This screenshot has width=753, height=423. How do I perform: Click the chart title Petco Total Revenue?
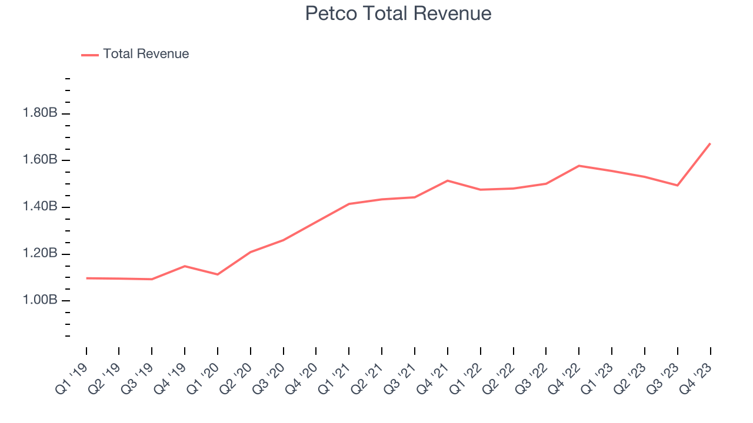[x=398, y=14]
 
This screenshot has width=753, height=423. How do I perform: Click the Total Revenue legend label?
[x=146, y=54]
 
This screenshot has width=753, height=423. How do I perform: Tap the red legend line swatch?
[x=90, y=55]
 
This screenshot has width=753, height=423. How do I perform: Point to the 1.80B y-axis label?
[x=40, y=113]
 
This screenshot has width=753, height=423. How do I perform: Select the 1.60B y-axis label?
[x=40, y=160]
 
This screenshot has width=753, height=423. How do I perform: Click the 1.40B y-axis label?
[x=40, y=207]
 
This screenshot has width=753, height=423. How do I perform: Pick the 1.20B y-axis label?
[x=40, y=254]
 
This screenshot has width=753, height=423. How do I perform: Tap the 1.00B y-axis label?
[x=40, y=300]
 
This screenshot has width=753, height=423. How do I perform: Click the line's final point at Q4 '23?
[x=710, y=143]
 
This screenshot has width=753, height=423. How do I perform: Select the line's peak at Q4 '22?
[x=579, y=166]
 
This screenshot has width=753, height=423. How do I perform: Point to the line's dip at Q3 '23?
[x=678, y=185]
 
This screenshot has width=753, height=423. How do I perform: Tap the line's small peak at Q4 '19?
[x=185, y=266]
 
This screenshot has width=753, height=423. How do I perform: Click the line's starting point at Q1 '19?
[x=86, y=278]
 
